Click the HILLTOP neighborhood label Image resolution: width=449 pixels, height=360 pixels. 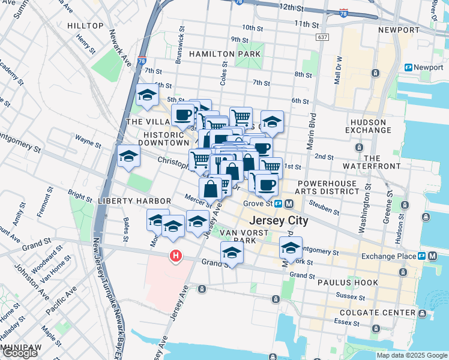click(x=86, y=26)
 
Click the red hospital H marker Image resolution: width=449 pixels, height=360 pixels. click(x=175, y=256)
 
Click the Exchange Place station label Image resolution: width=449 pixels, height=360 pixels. click(x=388, y=256)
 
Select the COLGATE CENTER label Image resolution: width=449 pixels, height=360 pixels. click(x=377, y=313)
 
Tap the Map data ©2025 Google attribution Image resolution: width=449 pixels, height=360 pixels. click(x=412, y=355)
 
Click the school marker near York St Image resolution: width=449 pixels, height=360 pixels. click(x=291, y=247)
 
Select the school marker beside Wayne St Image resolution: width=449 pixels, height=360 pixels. click(x=128, y=157)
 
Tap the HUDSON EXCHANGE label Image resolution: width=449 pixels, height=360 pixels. click(x=370, y=125)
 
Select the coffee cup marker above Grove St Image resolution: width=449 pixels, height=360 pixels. click(x=268, y=184)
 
